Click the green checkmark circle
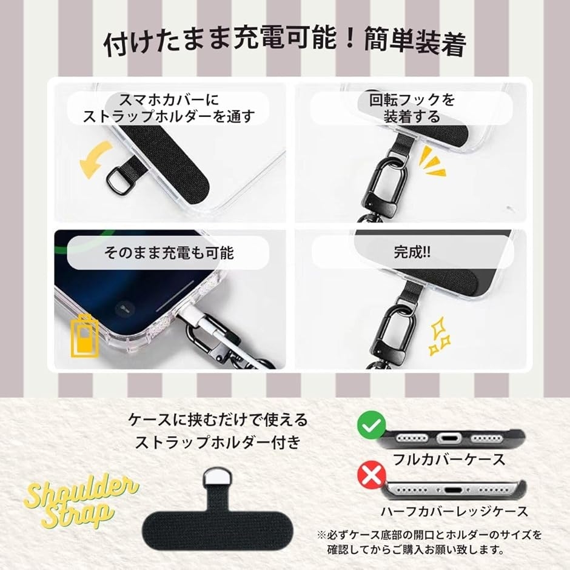371,424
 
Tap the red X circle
371,474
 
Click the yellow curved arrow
95,160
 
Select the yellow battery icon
84,337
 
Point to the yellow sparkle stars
440,335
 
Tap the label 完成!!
412,252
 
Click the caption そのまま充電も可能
169,252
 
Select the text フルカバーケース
449,459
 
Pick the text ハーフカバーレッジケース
454,511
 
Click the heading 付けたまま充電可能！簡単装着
284,42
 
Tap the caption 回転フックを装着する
412,108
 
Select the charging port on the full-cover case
449,438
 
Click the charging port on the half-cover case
454,490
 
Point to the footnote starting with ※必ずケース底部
429,542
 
